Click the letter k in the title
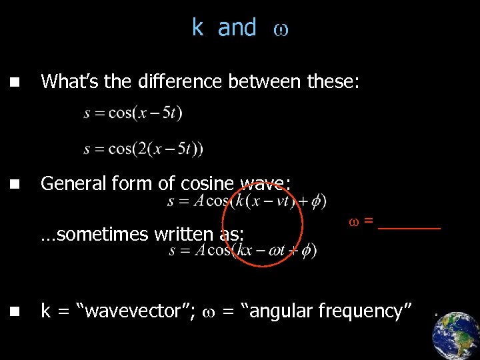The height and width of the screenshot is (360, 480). coord(197,27)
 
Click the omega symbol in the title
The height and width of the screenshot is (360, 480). coord(281,29)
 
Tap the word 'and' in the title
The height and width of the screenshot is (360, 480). coord(237,27)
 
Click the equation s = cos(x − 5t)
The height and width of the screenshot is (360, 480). coord(133,113)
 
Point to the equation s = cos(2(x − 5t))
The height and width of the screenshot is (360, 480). coord(143,148)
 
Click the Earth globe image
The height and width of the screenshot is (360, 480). coord(456,335)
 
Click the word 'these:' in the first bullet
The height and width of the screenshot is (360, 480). coord(333,81)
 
